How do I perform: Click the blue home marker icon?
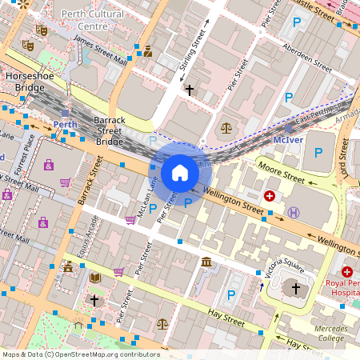pyautogui.click(x=180, y=172)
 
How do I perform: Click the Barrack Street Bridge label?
pyautogui.click(x=108, y=130)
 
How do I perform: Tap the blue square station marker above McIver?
pyautogui.click(x=289, y=128)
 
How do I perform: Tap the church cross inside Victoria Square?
pyautogui.click(x=295, y=287)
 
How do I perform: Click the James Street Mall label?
pyautogui.click(x=100, y=50)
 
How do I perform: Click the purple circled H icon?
pyautogui.click(x=294, y=212)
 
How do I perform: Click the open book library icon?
pyautogui.click(x=95, y=278)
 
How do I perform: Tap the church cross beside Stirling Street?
pyautogui.click(x=189, y=90)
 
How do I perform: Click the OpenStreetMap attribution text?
pyautogui.click(x=80, y=354)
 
